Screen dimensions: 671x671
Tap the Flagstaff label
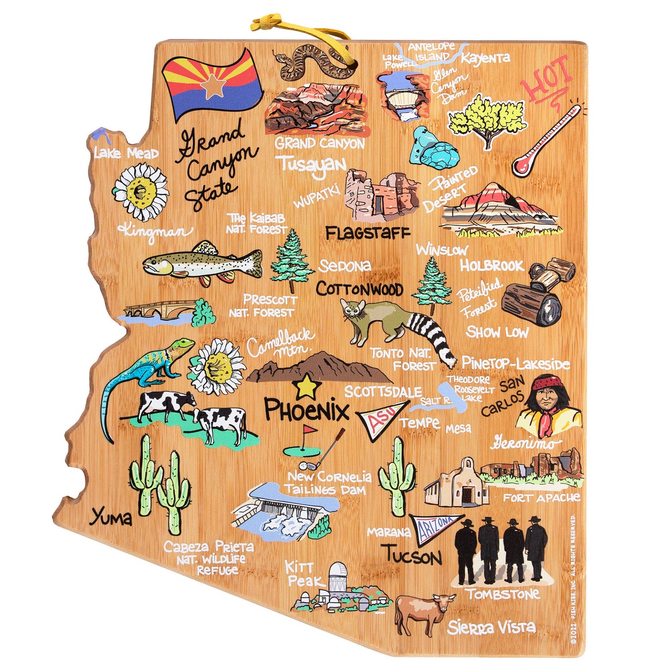[367, 233]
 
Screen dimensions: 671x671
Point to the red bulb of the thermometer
[522, 166]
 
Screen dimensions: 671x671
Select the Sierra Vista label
[491, 627]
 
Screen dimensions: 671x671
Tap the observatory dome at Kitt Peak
[338, 571]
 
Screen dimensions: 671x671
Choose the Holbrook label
[491, 266]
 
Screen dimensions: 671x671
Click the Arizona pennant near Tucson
[436, 528]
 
